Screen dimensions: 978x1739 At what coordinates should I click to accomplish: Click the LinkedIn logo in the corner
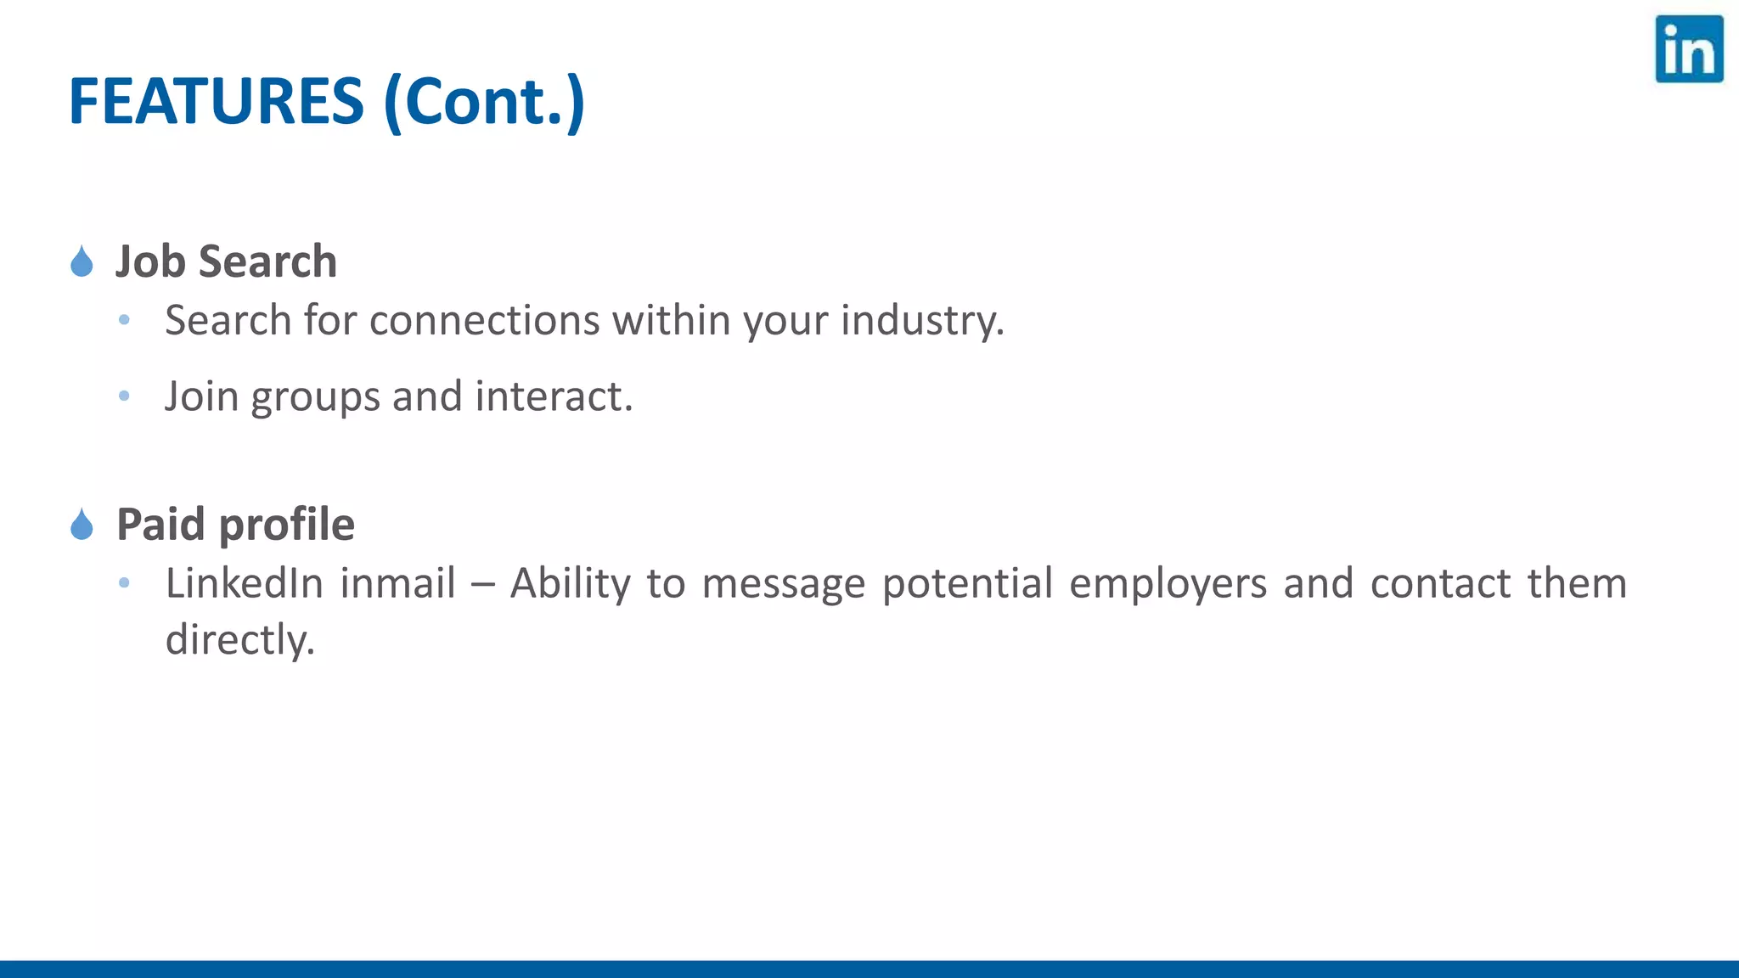click(x=1688, y=49)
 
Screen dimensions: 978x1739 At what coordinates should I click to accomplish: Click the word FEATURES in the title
click(x=216, y=102)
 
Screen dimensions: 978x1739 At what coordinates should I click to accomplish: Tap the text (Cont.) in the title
click(x=484, y=102)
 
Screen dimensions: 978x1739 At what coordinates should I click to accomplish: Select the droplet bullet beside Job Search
click(x=82, y=261)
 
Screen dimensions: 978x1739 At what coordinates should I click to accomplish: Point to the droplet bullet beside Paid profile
click(x=82, y=525)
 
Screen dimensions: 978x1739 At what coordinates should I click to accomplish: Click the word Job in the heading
click(x=150, y=261)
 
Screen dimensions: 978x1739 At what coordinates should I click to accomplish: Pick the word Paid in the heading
click(x=161, y=525)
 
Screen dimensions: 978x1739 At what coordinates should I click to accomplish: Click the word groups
click(x=315, y=397)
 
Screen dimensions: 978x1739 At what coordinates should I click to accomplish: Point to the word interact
click(x=554, y=396)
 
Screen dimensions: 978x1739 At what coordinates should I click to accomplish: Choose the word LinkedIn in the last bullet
click(x=245, y=583)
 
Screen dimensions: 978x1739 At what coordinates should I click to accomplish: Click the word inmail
click(x=397, y=583)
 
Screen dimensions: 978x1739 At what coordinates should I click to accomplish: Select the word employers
click(x=1168, y=584)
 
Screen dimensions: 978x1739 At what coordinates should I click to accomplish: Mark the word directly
click(x=240, y=640)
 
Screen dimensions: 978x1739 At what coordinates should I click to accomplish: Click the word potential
click(x=967, y=584)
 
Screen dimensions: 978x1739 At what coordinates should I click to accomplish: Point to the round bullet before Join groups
click(x=124, y=396)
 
